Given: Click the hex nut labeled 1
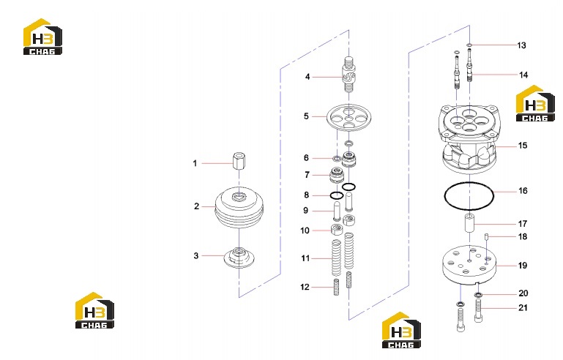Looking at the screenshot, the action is (x=239, y=162).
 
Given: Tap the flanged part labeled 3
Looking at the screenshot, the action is (x=239, y=257).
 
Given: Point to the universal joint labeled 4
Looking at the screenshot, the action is (x=349, y=75).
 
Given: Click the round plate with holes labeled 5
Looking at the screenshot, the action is (x=349, y=116).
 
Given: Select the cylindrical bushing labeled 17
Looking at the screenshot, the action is (x=469, y=222).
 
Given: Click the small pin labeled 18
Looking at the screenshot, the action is (x=488, y=236).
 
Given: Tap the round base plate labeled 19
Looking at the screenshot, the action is (x=469, y=265).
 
